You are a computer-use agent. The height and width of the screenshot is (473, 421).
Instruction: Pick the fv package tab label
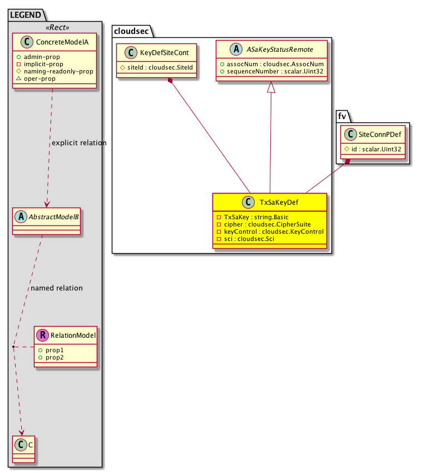tap(343, 115)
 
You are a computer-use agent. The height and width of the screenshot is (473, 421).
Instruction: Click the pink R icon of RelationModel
tap(43, 336)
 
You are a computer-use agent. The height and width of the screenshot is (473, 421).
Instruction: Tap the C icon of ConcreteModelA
tap(21, 41)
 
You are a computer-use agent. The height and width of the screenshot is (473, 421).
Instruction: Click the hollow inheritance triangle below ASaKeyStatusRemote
tap(271, 87)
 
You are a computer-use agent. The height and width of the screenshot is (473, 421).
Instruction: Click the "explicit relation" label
tap(79, 143)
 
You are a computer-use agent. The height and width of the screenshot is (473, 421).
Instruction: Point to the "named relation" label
tap(57, 288)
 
